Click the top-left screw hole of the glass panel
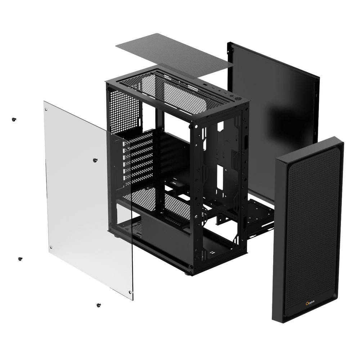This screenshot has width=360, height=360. (x=47, y=108)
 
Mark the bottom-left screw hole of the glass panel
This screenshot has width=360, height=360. (x=51, y=247)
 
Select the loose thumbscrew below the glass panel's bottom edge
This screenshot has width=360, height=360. (x=98, y=305)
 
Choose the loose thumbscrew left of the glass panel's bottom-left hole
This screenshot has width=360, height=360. (x=20, y=258)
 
